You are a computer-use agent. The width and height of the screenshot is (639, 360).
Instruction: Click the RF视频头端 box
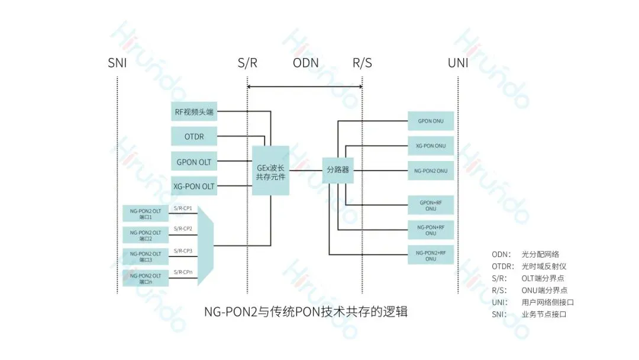[194, 111]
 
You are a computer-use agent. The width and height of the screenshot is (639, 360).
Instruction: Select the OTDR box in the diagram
[194, 136]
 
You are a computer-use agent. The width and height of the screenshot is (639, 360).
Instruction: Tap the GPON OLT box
[194, 162]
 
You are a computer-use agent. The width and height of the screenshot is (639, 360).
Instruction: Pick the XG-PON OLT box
[194, 187]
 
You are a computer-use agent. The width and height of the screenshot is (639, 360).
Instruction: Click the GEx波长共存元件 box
[270, 171]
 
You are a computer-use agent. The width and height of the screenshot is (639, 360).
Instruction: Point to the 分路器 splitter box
[338, 171]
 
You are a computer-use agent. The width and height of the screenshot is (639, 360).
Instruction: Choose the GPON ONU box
[431, 121]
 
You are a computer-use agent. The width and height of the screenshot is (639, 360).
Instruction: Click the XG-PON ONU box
[431, 146]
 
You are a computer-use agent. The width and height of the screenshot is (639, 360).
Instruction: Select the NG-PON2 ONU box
[431, 171]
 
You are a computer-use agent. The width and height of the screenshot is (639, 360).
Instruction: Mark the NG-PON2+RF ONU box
[431, 255]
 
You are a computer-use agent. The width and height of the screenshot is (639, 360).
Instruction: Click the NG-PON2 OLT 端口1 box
[146, 214]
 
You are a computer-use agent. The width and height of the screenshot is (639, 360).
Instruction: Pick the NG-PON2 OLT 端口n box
[146, 278]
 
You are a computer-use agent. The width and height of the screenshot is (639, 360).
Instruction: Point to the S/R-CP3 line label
[183, 251]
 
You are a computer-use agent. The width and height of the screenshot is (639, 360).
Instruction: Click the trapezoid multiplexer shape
[205, 245]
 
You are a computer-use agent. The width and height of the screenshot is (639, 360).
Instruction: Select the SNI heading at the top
[117, 63]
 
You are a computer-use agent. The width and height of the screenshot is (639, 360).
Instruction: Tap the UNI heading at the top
[458, 63]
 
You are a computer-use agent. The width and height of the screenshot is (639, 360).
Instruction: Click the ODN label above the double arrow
[305, 63]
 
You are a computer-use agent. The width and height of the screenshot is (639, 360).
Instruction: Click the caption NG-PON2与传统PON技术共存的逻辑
[306, 311]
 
